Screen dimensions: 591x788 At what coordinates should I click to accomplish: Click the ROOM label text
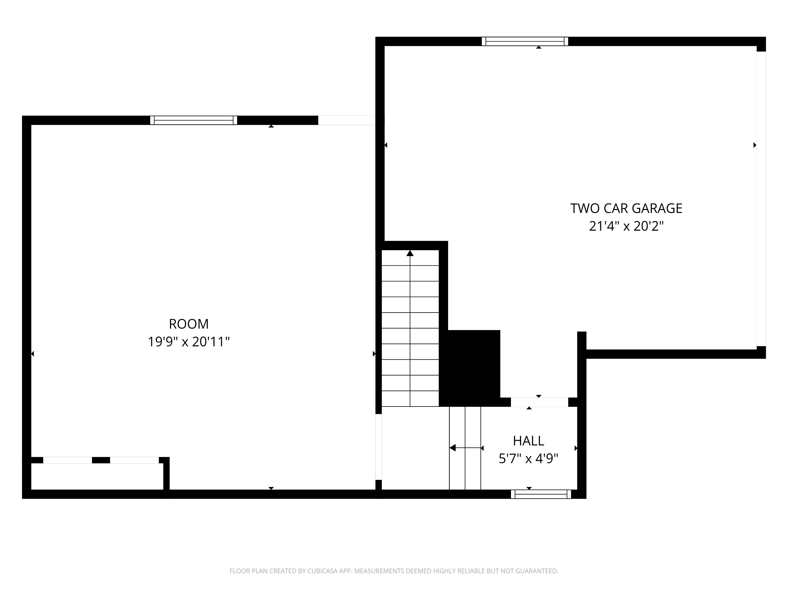pyautogui.click(x=189, y=324)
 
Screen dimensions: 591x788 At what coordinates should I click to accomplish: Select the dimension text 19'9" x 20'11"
pyautogui.click(x=189, y=342)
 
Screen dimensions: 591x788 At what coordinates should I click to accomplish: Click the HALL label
pyautogui.click(x=528, y=441)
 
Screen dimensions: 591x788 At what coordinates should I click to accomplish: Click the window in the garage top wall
pyautogui.click(x=525, y=41)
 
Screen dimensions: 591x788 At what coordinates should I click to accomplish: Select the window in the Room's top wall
pyautogui.click(x=193, y=120)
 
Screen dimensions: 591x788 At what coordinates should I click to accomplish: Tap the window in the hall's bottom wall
pyautogui.click(x=541, y=494)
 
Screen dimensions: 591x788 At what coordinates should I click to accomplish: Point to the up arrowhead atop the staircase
pyautogui.click(x=410, y=253)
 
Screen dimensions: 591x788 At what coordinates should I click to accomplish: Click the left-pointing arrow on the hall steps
pyautogui.click(x=453, y=448)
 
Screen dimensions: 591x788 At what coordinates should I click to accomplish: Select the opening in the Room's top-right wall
pyautogui.click(x=346, y=120)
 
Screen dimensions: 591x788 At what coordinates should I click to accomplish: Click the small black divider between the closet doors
pyautogui.click(x=101, y=460)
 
